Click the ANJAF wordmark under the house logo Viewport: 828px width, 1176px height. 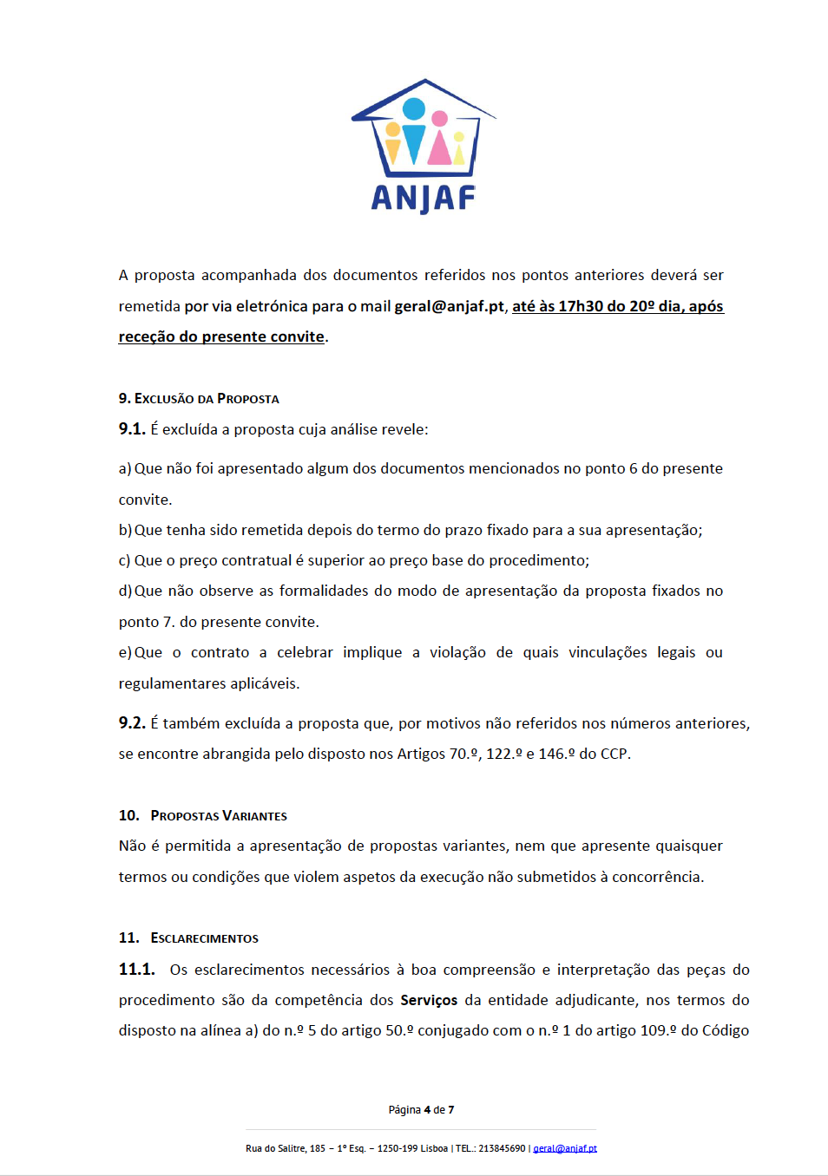click(x=423, y=199)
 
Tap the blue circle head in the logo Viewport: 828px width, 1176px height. click(x=414, y=108)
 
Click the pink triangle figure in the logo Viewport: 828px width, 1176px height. click(x=439, y=148)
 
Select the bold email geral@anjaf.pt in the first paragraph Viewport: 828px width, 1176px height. click(x=449, y=306)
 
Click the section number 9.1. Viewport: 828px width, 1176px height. click(x=132, y=429)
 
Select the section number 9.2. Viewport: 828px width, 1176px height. click(x=132, y=723)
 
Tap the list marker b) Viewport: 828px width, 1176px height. click(x=125, y=530)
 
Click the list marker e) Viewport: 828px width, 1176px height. click(x=125, y=652)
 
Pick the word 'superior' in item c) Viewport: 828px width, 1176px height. click(x=336, y=560)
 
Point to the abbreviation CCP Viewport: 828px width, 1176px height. click(x=614, y=754)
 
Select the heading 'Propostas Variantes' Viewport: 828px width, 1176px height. click(x=219, y=816)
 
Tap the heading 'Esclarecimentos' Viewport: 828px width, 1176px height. click(x=204, y=938)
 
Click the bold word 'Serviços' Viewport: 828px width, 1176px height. click(x=429, y=1000)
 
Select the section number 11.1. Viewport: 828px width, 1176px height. click(x=136, y=970)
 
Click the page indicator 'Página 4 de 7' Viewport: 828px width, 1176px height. click(x=421, y=1110)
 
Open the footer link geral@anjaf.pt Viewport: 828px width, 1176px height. click(x=565, y=1148)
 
